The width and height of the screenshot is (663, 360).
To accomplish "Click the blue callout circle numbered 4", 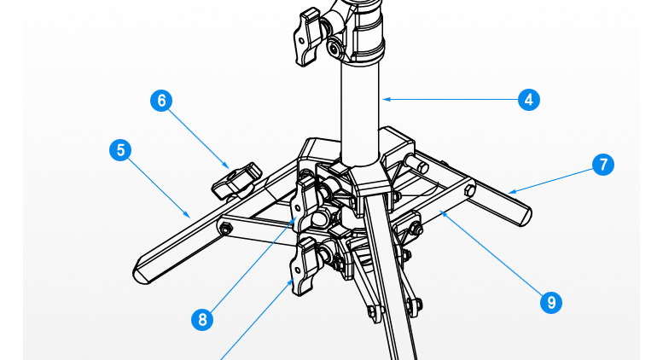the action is (x=528, y=100).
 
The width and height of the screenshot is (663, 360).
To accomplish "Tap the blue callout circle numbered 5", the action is (x=120, y=150).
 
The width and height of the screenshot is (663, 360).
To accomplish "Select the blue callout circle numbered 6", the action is (x=161, y=101).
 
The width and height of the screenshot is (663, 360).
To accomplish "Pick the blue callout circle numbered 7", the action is (x=603, y=165).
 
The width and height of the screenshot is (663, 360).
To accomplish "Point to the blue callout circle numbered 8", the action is (x=202, y=319).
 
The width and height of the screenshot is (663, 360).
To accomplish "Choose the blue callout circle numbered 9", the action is (x=551, y=302).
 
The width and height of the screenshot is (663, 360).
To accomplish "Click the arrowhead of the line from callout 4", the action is (x=386, y=99).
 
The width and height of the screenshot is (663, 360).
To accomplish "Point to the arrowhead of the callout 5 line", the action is (x=187, y=215).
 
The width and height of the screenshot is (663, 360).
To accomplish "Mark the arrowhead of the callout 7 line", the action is (x=512, y=192).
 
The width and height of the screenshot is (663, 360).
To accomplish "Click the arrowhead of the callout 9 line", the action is (x=444, y=214).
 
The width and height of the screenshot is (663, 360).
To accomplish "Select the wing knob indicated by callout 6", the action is (x=236, y=181).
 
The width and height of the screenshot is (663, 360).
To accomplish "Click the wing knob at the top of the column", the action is (x=307, y=38).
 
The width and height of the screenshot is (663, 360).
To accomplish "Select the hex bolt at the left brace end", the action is (x=226, y=229).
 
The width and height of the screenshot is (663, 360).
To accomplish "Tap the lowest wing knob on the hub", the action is (x=304, y=266).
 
